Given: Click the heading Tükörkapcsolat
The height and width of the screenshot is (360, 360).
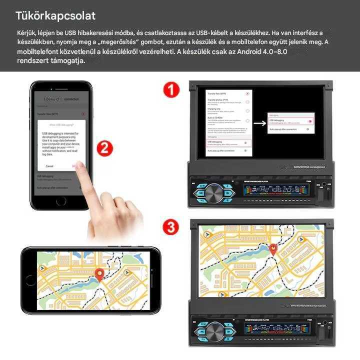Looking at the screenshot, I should [55, 16].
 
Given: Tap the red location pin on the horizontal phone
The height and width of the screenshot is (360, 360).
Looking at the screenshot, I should [99, 274].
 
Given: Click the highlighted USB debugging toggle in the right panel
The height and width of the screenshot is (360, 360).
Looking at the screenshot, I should [310, 121].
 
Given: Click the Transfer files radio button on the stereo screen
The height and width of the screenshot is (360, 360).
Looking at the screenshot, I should [247, 93].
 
